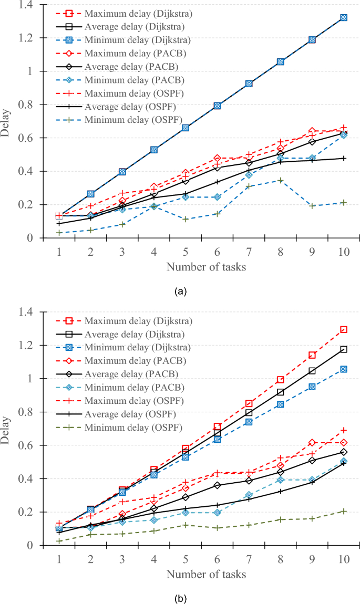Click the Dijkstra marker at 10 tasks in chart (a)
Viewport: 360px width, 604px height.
click(x=343, y=17)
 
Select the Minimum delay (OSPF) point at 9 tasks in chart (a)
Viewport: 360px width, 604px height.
click(x=312, y=206)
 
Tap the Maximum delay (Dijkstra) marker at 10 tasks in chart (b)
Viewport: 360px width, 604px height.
click(x=343, y=329)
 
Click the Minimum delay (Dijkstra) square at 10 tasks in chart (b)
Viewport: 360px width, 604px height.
click(x=343, y=369)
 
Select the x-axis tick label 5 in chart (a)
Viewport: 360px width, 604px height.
click(x=185, y=252)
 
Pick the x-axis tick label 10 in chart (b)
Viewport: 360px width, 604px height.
click(x=343, y=559)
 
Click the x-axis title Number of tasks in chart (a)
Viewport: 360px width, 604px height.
click(x=206, y=267)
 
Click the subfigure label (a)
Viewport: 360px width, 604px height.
click(x=180, y=290)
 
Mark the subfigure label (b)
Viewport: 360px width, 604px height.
click(x=180, y=598)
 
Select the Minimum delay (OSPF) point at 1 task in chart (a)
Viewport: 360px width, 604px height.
click(x=59, y=232)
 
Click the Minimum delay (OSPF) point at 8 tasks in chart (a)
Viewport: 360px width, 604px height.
click(x=280, y=180)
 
